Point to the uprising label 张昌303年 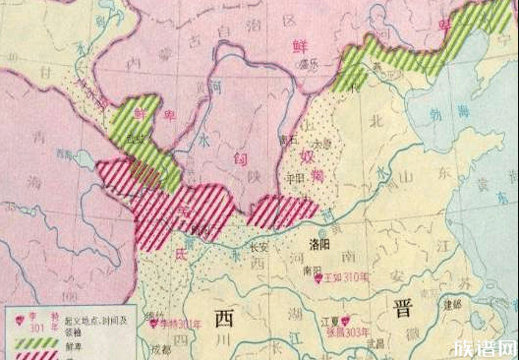(x=349, y=331)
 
